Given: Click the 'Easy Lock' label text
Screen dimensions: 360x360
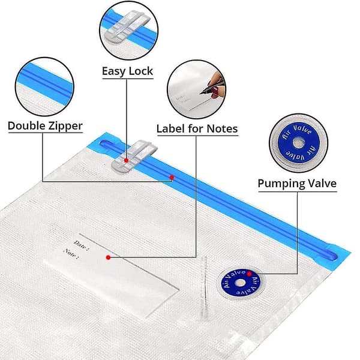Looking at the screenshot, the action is coord(127,71).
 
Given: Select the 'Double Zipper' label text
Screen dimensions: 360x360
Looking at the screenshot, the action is coord(45,126).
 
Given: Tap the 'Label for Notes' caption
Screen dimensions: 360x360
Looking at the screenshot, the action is coord(197,128).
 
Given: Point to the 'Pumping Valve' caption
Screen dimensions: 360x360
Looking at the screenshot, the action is coord(297,184).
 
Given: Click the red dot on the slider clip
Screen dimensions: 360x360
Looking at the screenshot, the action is coord(126,160).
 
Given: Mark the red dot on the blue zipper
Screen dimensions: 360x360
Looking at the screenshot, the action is coord(172,177).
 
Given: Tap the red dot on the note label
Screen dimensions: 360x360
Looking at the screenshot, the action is coord(108,257).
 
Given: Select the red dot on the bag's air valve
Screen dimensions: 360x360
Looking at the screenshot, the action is coord(249,274).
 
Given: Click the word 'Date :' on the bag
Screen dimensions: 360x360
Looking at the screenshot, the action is coord(81,245).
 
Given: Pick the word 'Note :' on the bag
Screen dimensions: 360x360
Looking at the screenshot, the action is coord(71,254).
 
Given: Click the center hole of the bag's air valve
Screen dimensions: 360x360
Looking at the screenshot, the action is coord(240,283).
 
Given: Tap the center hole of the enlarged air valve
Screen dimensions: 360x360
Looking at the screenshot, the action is coord(298,143).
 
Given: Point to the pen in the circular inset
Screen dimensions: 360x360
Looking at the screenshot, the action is coord(212,87).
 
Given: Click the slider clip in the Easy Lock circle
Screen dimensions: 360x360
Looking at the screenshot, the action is coord(127,27).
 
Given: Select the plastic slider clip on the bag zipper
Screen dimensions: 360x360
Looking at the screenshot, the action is coord(134,157).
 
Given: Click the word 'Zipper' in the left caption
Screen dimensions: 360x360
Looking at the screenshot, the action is coord(65,126).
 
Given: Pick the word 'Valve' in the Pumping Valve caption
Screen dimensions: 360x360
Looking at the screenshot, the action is coord(322,184).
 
